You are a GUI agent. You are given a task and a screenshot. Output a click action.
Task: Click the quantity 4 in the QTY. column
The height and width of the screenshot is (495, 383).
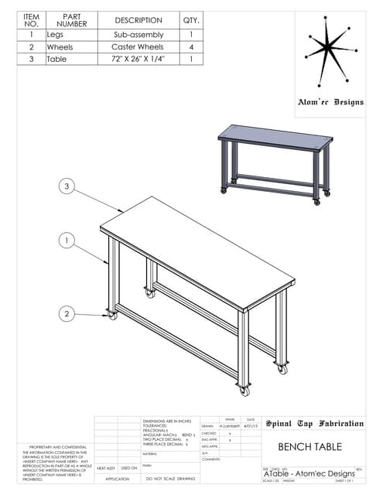click(x=190, y=46)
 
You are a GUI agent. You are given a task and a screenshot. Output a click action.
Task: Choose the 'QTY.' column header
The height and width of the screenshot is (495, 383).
click(x=190, y=20)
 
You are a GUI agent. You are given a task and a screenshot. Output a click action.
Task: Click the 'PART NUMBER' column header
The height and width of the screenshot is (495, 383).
click(x=71, y=20)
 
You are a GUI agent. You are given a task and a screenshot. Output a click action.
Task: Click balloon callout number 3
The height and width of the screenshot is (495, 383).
click(x=67, y=186)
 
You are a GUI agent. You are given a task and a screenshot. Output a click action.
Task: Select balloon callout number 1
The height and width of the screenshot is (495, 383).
click(x=67, y=241)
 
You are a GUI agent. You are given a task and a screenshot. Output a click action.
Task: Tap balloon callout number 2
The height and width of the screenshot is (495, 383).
click(x=67, y=313)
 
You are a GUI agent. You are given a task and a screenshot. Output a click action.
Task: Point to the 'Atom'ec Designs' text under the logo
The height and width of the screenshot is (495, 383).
click(x=330, y=102)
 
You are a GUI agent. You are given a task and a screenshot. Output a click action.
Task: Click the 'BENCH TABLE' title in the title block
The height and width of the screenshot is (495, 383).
click(x=309, y=446)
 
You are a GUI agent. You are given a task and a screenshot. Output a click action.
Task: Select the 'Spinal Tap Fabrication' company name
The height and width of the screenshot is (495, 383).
click(x=314, y=423)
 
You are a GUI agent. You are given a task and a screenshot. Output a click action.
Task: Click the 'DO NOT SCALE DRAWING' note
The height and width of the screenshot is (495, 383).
click(x=170, y=479)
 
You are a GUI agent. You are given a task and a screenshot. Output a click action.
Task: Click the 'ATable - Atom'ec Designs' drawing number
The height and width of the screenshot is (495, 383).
click(x=309, y=473)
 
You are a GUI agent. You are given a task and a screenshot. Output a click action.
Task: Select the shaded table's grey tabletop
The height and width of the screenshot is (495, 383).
click(x=275, y=138)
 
